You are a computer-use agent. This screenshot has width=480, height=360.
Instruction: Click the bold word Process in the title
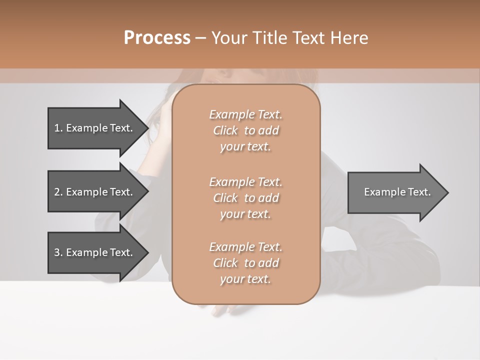tap(157, 38)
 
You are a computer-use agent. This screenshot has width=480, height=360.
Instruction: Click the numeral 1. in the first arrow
tap(58, 128)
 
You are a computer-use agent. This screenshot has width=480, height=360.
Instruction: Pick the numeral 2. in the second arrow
tap(58, 192)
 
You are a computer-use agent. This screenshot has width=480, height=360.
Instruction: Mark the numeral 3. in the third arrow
tap(58, 252)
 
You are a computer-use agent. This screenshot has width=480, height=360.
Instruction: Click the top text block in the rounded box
tap(245, 130)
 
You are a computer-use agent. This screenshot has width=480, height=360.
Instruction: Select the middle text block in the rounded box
tap(245, 198)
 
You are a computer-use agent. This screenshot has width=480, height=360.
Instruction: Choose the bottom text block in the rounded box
tap(245, 263)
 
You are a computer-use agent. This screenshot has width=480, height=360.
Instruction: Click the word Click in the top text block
tap(225, 130)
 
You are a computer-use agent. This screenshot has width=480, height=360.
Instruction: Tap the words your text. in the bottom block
tap(245, 279)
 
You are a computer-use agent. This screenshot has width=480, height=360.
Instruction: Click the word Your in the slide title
tap(230, 38)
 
